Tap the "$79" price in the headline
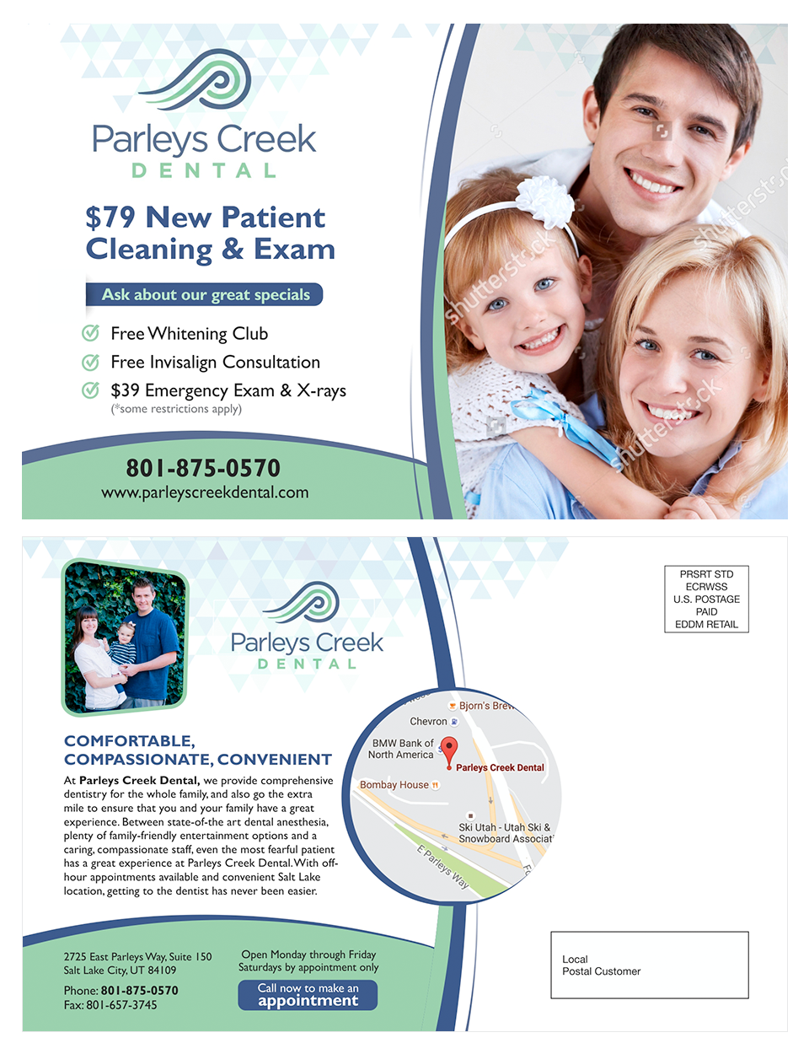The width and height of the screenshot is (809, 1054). [110, 218]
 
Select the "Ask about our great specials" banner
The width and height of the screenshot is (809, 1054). [205, 294]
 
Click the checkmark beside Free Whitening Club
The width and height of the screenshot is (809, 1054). [90, 333]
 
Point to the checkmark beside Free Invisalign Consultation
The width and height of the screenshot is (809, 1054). [90, 362]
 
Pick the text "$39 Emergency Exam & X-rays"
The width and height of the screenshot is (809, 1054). [228, 390]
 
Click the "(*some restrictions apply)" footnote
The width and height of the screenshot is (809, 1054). [176, 409]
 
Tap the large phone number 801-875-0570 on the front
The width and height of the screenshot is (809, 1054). [203, 468]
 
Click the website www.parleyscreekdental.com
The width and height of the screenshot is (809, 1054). [205, 492]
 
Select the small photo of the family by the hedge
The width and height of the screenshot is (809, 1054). [125, 637]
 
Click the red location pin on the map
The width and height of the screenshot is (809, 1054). [449, 750]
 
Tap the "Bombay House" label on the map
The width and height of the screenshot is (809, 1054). [395, 785]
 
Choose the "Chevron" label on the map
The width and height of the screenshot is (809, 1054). [429, 722]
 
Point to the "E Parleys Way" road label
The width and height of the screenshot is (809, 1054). [442, 867]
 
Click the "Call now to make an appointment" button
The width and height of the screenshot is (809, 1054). [308, 995]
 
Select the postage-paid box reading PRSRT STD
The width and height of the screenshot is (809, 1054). [706, 600]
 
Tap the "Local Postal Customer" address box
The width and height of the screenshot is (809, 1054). [649, 965]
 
